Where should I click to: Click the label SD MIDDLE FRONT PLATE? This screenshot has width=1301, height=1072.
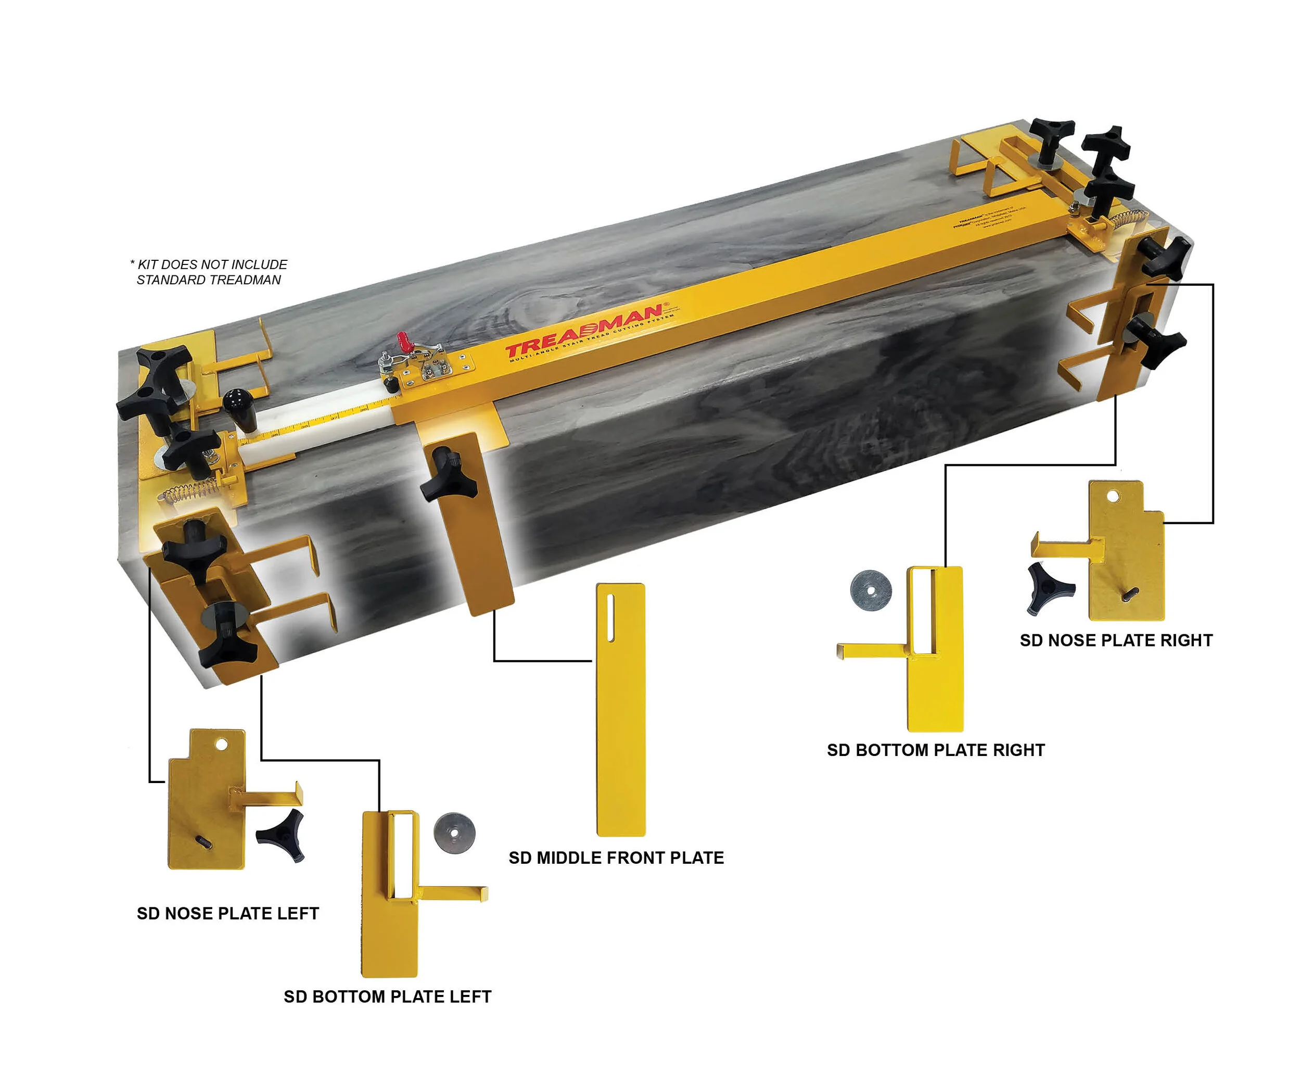(615, 857)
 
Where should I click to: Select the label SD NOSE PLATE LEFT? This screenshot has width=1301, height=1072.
(228, 913)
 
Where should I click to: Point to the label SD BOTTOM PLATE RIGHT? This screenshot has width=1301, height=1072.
(935, 750)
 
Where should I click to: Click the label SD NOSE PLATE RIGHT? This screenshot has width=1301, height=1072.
(1115, 640)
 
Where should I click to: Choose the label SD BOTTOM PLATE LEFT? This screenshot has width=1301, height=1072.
(387, 997)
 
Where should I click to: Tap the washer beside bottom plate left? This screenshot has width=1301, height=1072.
(454, 833)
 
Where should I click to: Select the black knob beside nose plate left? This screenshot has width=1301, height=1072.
(282, 837)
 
